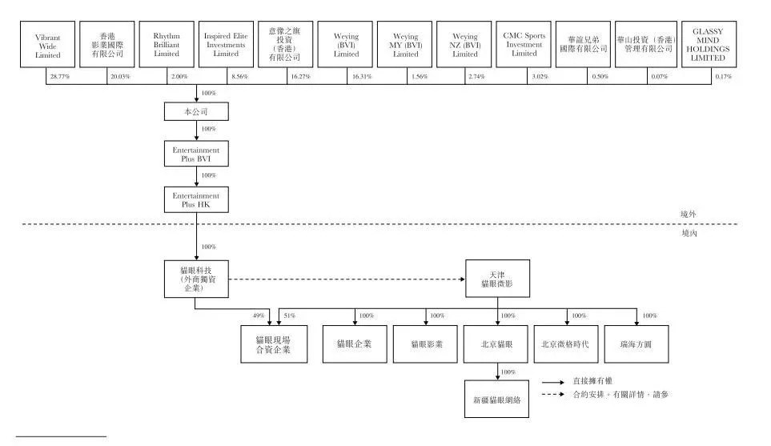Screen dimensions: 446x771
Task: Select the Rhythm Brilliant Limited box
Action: point(166,45)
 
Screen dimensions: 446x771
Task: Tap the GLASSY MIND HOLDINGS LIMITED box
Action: point(708,45)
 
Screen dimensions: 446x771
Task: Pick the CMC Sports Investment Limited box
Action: point(524,45)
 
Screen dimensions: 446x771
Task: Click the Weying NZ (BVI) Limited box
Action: point(465,45)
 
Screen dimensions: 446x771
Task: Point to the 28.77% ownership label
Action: point(58,76)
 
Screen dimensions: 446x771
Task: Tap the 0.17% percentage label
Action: point(723,76)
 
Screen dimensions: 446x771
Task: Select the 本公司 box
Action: point(196,111)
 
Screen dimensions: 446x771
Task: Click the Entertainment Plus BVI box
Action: point(196,154)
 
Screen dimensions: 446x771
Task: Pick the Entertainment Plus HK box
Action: point(196,199)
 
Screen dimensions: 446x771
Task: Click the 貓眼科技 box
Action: point(195,279)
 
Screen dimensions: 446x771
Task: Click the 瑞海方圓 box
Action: point(636,344)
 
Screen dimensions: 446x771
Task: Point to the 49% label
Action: point(259,316)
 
